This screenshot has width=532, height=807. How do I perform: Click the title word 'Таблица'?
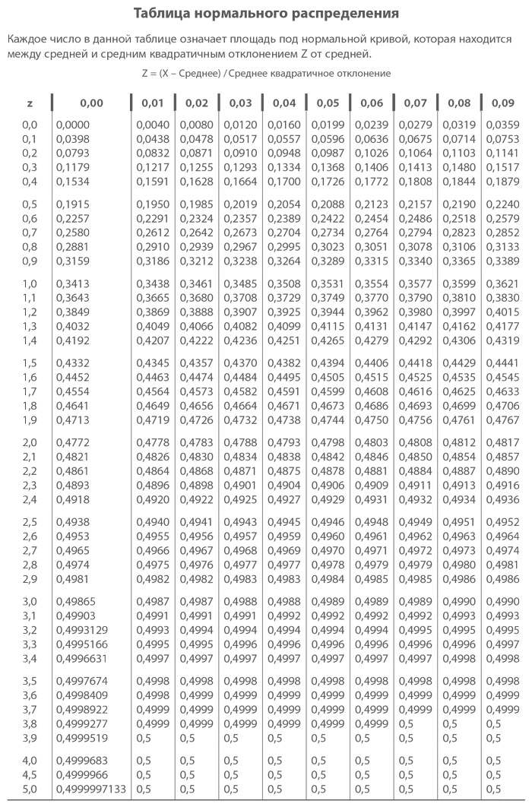tap(160, 14)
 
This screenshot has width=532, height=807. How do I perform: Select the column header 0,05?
tap(328, 103)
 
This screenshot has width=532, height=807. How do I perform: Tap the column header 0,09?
tap(502, 103)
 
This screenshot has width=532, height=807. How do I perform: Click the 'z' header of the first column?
tap(30, 103)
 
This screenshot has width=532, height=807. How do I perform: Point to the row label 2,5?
tap(30, 523)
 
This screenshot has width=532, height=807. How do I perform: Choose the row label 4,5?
tap(30, 775)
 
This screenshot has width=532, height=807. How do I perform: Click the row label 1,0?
tap(30, 283)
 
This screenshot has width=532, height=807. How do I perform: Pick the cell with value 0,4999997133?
tap(90, 789)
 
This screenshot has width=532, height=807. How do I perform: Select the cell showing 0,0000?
tap(72, 125)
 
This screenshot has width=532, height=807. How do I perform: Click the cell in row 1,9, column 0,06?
tap(372, 419)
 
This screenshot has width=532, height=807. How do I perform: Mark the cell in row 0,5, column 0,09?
tap(502, 204)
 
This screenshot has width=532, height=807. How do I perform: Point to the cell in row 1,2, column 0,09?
tap(502, 312)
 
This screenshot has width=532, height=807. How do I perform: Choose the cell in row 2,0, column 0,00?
tap(72, 442)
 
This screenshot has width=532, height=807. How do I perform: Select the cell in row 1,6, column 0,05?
tap(328, 377)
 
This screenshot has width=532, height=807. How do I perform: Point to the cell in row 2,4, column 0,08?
tap(459, 499)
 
